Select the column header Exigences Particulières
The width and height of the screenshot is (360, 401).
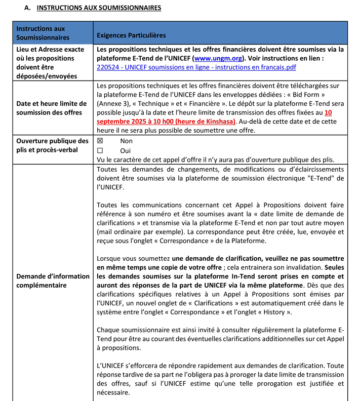pyautogui.click(x=131, y=35)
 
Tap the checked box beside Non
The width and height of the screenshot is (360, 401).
pyautogui.click(x=100, y=141)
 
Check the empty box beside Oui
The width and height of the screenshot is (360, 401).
pyautogui.click(x=100, y=150)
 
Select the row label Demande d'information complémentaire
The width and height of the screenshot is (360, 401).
pyautogui.click(x=53, y=280)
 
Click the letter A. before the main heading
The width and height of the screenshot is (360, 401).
pyautogui.click(x=27, y=8)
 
